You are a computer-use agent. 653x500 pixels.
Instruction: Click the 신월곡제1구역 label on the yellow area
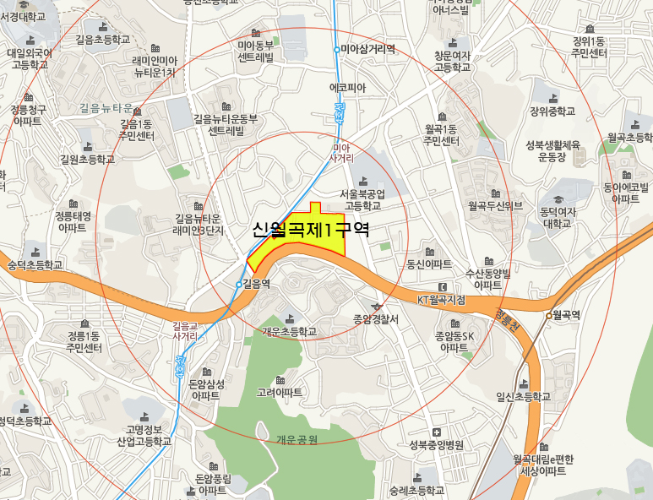(x=311, y=230)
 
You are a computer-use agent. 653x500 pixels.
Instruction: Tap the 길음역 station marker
(x=239, y=284)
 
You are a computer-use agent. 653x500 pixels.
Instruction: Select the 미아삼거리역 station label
(x=368, y=49)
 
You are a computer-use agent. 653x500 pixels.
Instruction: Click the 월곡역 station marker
(x=548, y=316)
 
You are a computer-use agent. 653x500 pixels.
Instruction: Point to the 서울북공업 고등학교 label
(x=363, y=199)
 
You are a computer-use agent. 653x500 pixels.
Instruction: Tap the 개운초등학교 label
(x=289, y=331)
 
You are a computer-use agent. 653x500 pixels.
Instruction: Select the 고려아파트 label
(x=280, y=393)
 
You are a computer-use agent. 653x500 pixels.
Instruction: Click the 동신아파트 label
(x=429, y=264)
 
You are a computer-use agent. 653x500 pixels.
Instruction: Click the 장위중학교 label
(x=552, y=111)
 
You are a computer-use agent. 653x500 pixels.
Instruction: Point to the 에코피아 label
(x=347, y=87)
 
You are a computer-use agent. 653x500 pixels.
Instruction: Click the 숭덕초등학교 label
(x=35, y=264)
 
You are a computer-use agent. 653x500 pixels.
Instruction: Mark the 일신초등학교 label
(x=523, y=396)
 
